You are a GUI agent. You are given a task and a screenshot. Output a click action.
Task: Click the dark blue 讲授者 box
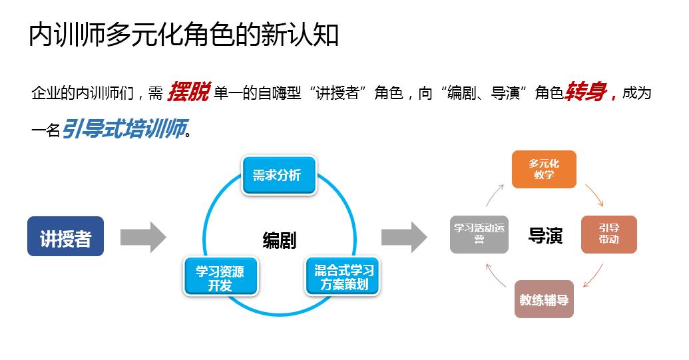65,236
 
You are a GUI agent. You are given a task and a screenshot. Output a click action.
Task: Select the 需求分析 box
278,175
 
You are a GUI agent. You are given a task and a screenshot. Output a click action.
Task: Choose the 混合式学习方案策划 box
343,276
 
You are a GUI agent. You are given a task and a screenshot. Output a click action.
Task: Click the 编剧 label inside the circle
279,240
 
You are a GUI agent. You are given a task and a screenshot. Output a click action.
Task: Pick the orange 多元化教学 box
544,169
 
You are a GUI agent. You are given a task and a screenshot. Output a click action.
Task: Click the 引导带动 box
608,234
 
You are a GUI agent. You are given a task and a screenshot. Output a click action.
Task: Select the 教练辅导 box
544,299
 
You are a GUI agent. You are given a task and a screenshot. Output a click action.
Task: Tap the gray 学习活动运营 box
479,234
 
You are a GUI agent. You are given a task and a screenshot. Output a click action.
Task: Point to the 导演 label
545,236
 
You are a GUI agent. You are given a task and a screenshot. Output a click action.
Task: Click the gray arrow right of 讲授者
142,237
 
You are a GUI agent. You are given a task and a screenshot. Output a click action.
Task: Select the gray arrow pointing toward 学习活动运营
404,237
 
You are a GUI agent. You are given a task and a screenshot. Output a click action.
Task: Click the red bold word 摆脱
188,92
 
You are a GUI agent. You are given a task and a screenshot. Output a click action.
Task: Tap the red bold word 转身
588,92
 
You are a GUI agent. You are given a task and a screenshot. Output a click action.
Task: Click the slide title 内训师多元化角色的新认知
184,35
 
